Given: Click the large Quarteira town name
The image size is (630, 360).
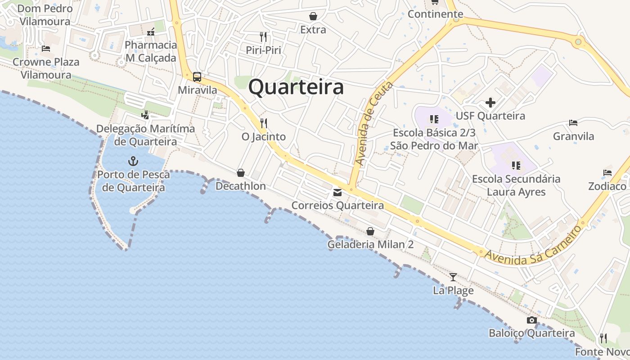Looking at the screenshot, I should [296, 87].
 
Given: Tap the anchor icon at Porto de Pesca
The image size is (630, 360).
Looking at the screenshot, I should [133, 161].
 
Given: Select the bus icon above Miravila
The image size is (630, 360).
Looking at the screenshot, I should [197, 76].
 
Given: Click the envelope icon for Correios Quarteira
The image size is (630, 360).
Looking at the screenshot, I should [337, 193].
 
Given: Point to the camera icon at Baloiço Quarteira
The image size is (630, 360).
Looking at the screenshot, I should [532, 320].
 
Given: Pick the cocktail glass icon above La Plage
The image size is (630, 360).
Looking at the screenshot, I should [453, 277].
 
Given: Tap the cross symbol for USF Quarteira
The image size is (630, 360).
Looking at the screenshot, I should [490, 103].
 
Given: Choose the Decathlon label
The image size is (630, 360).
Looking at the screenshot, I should [241, 186].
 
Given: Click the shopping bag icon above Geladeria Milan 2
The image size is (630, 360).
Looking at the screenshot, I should [370, 231].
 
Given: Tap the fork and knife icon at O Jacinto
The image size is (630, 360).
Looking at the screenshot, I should [264, 122].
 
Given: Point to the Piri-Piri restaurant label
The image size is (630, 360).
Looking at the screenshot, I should [263, 50].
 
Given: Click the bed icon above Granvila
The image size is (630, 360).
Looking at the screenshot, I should [573, 122].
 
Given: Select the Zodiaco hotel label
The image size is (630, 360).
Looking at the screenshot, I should [607, 186].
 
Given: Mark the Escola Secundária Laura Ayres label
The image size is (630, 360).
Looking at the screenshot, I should [516, 185].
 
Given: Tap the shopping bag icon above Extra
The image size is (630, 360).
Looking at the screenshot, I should [313, 17].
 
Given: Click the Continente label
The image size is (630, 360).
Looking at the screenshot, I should [435, 14].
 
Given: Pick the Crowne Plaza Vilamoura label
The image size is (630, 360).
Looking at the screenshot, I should [46, 68].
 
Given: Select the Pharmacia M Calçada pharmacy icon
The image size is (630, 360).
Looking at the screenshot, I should [151, 32].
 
